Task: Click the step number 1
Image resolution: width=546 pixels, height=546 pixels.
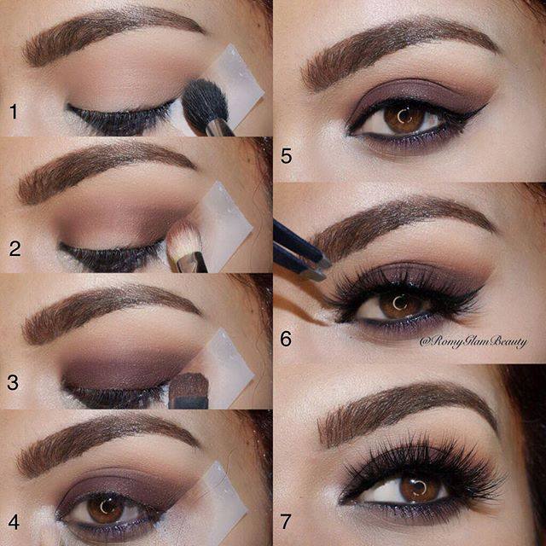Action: pyautogui.click(x=14, y=112)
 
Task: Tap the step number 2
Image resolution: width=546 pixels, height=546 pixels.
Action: pyautogui.click(x=15, y=248)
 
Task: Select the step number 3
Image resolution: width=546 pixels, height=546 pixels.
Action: pyautogui.click(x=13, y=382)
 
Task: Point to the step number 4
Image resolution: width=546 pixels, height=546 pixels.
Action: pyautogui.click(x=14, y=522)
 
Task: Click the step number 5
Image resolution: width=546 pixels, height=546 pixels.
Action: pyautogui.click(x=287, y=156)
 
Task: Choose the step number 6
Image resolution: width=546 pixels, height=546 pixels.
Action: pyautogui.click(x=286, y=339)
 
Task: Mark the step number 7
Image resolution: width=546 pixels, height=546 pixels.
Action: pyautogui.click(x=286, y=521)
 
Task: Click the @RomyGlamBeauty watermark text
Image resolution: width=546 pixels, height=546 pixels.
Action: pyautogui.click(x=473, y=342)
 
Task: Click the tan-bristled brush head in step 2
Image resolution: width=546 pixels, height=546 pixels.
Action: pyautogui.click(x=183, y=241)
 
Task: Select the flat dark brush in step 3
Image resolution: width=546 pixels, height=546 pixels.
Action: pyautogui.click(x=189, y=391)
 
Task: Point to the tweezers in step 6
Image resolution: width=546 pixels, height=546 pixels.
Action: pyautogui.click(x=301, y=253)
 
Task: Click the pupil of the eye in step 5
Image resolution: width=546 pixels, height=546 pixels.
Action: pyautogui.click(x=404, y=118)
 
